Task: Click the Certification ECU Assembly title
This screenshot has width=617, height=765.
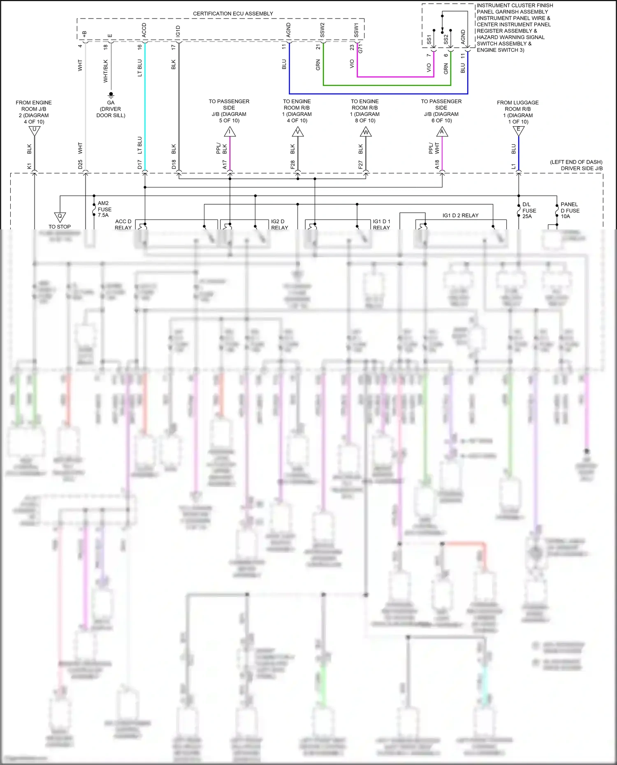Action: point(233,14)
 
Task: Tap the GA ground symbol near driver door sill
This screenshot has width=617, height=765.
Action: point(111,95)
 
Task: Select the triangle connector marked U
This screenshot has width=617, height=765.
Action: point(34,131)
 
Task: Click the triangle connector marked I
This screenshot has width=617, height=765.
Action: point(230,132)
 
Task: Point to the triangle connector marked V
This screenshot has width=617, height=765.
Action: point(297,132)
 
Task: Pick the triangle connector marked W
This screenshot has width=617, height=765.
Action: point(365,132)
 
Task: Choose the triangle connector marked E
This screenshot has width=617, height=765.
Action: point(518,131)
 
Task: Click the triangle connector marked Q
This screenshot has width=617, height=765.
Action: point(60,217)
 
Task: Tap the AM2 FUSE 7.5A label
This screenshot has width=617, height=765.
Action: point(104,209)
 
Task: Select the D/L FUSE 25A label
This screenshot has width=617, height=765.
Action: point(529,210)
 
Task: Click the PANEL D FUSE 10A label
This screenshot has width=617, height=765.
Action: point(570,210)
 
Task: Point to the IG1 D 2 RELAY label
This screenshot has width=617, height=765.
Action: point(460,215)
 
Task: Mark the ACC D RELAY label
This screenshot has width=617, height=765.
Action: point(123,224)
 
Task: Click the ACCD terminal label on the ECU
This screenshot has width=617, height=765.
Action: point(144,30)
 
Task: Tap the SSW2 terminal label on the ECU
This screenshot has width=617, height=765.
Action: point(322,30)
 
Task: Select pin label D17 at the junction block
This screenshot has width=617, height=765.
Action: point(140,165)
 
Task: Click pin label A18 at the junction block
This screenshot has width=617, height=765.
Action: point(437,165)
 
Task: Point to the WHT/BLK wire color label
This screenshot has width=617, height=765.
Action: point(106,71)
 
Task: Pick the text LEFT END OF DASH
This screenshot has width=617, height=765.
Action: point(576,162)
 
